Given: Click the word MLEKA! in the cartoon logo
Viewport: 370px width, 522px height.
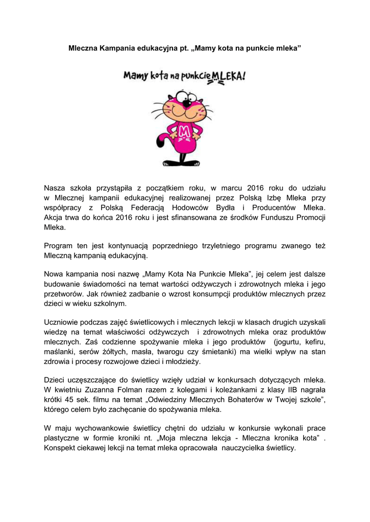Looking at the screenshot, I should [x=229, y=77].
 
